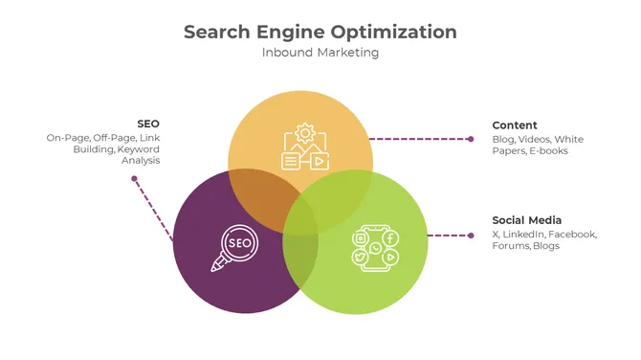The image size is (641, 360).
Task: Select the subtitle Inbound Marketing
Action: pyautogui.click(x=320, y=53)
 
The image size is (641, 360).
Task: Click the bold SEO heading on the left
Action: pyautogui.click(x=148, y=124)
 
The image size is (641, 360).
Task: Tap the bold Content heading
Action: pyautogui.click(x=515, y=125)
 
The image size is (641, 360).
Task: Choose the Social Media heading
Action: pyautogui.click(x=526, y=220)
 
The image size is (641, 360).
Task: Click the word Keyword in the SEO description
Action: pyautogui.click(x=139, y=149)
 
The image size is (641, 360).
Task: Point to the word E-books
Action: pyautogui.click(x=548, y=151)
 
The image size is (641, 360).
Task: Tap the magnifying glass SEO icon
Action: pyautogui.click(x=234, y=247)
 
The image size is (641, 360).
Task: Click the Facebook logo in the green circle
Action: pyautogui.click(x=391, y=237)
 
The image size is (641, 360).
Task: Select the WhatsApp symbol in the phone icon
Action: pyautogui.click(x=376, y=248)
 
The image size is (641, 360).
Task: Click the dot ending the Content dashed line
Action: pyautogui.click(x=471, y=139)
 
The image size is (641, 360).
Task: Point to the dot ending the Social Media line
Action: pyautogui.click(x=471, y=235)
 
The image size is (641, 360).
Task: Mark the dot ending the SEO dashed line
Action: pyautogui.click(x=134, y=179)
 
